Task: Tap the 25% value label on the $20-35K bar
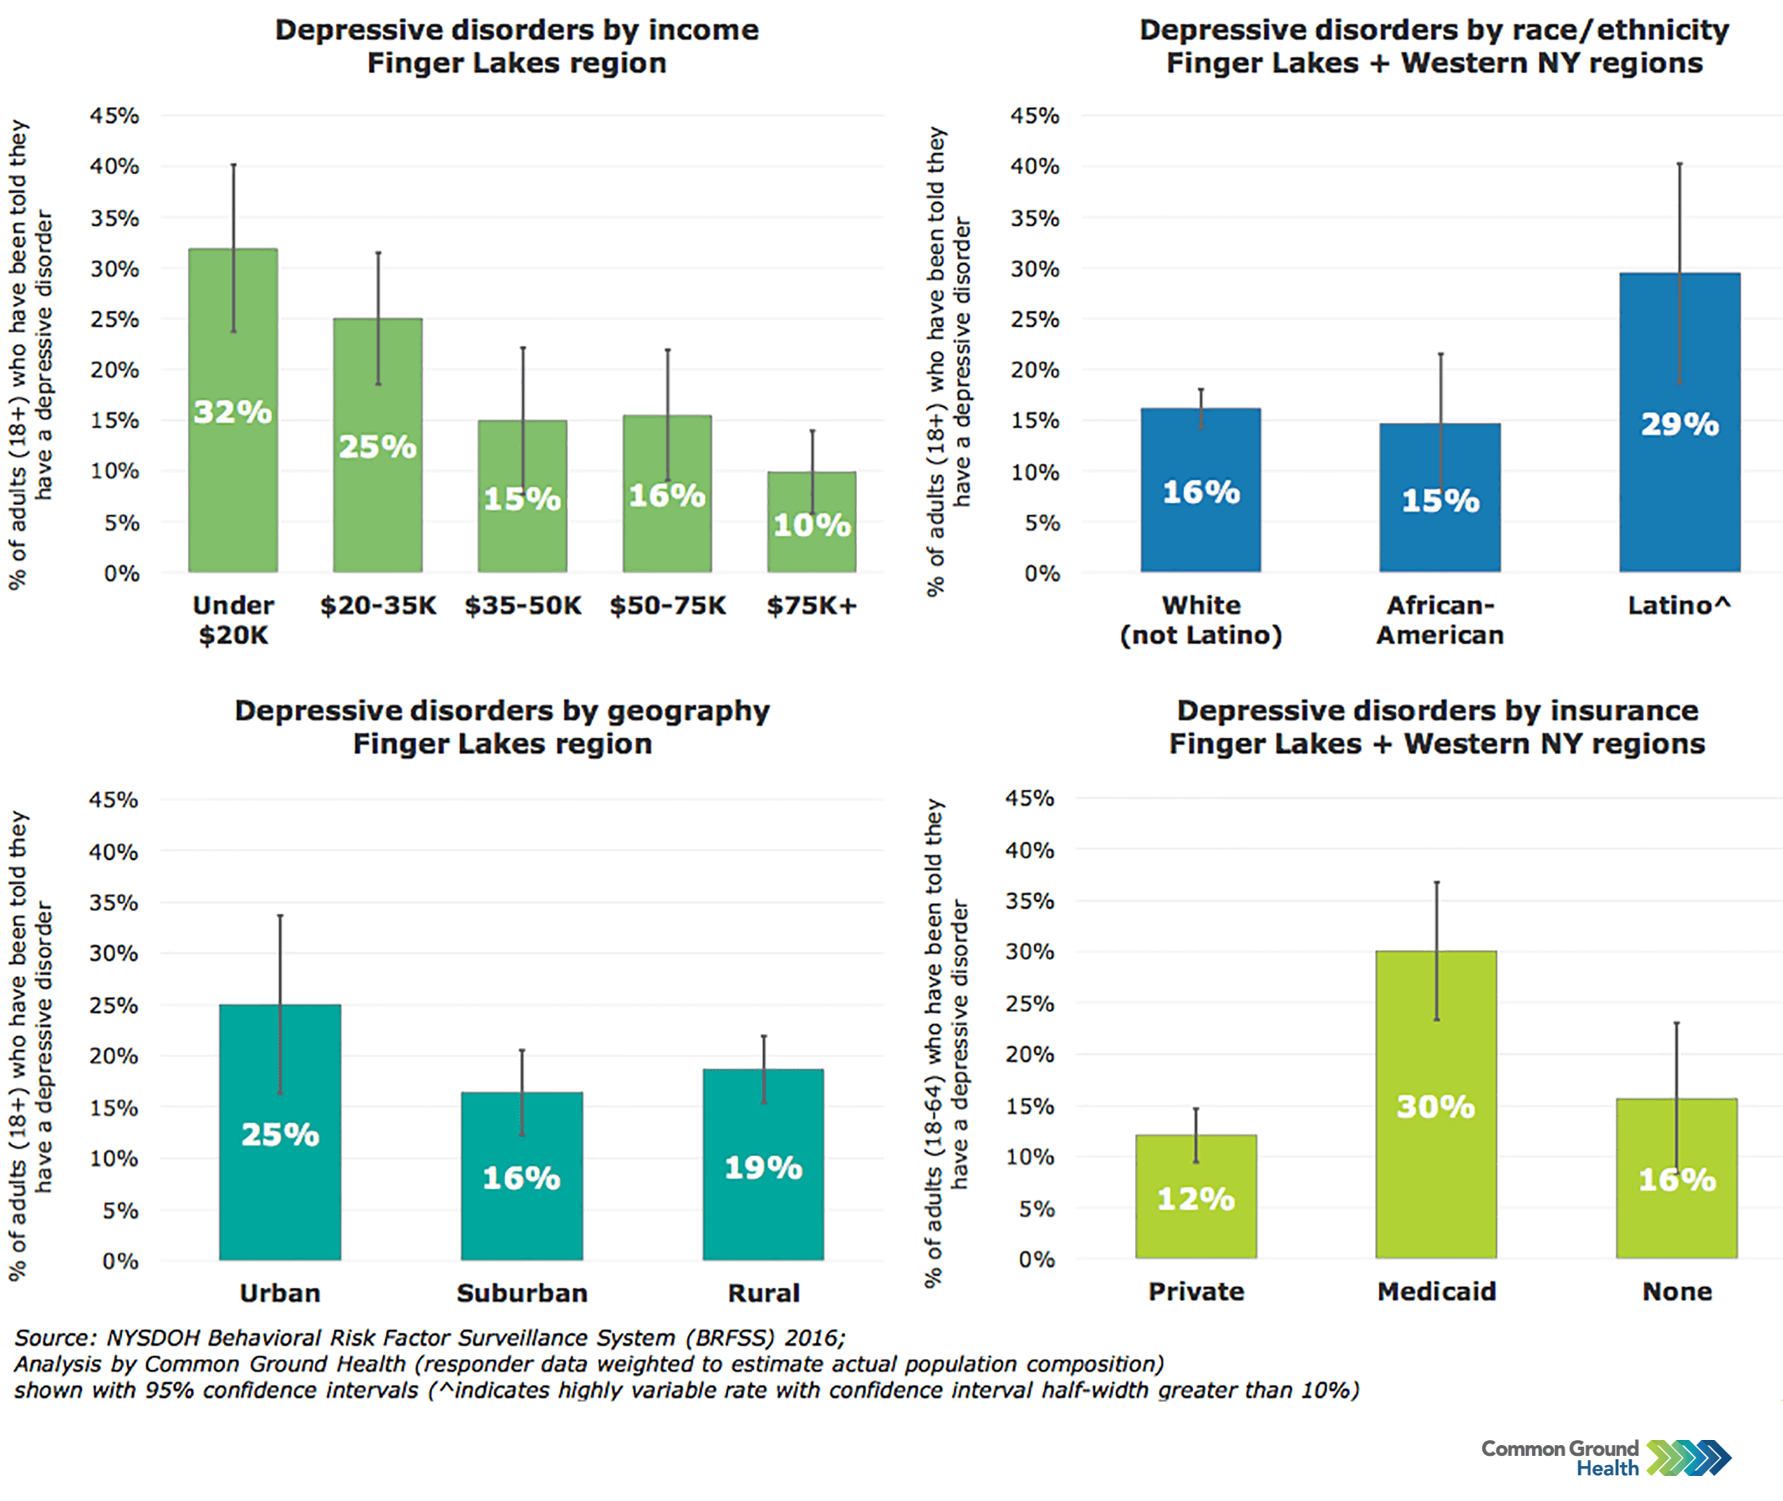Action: coord(377,447)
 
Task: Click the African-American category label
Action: coord(1439,619)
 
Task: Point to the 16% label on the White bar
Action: coord(1200,491)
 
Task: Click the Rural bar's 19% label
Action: coord(762,1168)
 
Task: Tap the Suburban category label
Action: coord(521,1293)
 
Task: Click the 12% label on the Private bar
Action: coord(1195,1198)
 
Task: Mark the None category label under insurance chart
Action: coord(1676,1291)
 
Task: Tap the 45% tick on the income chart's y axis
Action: coord(114,114)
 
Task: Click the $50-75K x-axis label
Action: coord(667,605)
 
